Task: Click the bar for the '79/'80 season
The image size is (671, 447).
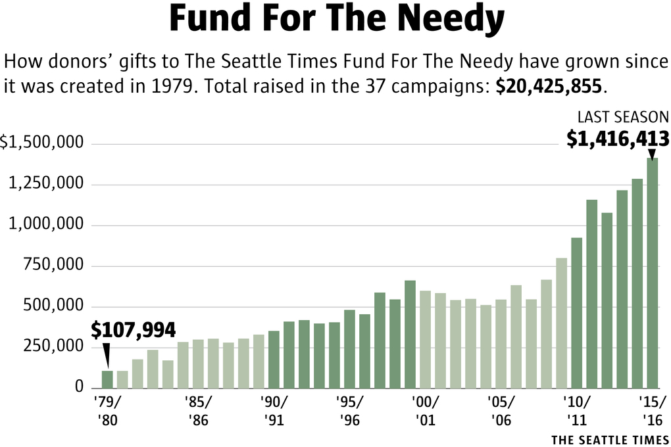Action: point(107,379)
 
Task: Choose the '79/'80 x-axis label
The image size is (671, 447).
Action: point(107,411)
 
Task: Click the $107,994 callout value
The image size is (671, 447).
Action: point(134,330)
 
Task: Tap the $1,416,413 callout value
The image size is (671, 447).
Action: point(618,139)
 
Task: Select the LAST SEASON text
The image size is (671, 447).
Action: point(622,117)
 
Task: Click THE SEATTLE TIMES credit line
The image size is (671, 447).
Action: point(609,439)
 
